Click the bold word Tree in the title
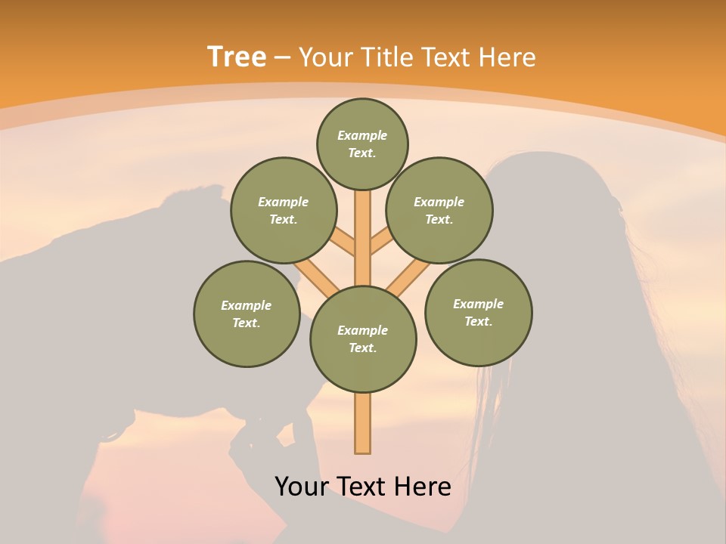click(237, 57)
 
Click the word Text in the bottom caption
click(362, 487)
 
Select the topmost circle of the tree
click(362, 144)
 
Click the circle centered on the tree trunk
click(363, 339)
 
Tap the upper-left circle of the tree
click(284, 210)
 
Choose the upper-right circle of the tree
click(439, 210)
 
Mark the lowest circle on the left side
click(247, 314)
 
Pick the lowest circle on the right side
click(479, 312)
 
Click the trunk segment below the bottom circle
click(363, 423)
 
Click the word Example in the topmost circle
click(362, 136)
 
